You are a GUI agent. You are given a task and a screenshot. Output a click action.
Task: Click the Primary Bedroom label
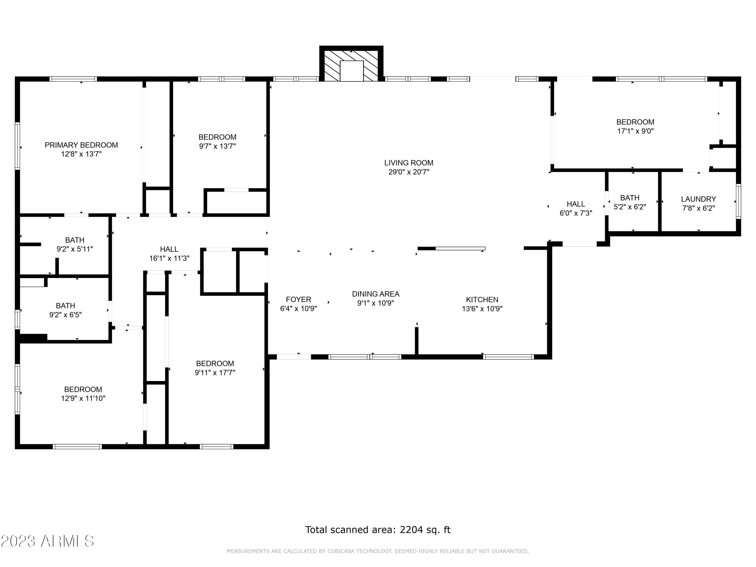pos(81,145)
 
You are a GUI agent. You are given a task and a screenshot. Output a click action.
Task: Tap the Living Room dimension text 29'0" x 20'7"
pos(409,172)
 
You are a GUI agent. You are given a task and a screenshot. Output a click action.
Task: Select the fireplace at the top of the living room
pos(351,64)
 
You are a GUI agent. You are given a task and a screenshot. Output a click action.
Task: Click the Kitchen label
pos(482,300)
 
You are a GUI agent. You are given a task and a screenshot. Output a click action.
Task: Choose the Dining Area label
pos(376,294)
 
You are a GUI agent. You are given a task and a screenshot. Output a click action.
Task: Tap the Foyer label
pos(298,299)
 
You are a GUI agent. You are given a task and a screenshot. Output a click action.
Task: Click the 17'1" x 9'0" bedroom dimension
pos(635,131)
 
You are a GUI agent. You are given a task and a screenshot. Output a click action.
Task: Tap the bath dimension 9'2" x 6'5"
pos(66,315)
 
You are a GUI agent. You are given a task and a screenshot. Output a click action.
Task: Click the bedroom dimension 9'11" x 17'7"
pos(215,372)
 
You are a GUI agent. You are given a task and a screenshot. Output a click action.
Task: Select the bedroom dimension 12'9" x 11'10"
pos(83,398)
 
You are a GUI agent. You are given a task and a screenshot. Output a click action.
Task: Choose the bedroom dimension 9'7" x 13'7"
pos(217,146)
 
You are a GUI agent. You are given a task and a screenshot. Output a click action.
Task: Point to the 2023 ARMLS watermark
pos(48,541)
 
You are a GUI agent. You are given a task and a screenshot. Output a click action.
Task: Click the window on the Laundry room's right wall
pos(739,201)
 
